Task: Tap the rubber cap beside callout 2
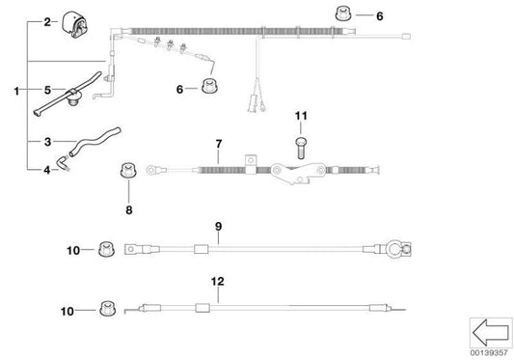click(73, 21)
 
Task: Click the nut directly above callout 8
click(123, 173)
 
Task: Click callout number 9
click(219, 227)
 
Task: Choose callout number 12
click(219, 283)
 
